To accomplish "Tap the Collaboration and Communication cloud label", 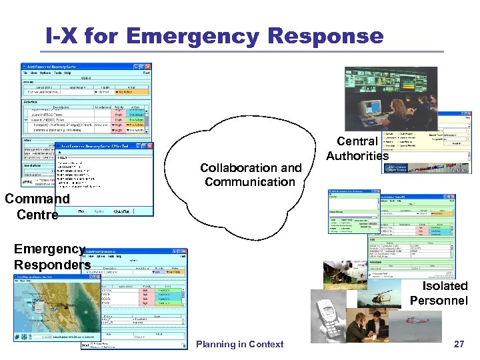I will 251,175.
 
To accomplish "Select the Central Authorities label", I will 357,149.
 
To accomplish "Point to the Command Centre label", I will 37,207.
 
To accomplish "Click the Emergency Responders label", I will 51,257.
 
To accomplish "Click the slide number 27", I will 459,344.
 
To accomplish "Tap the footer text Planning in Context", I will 240,344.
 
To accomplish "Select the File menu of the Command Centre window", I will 27,73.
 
